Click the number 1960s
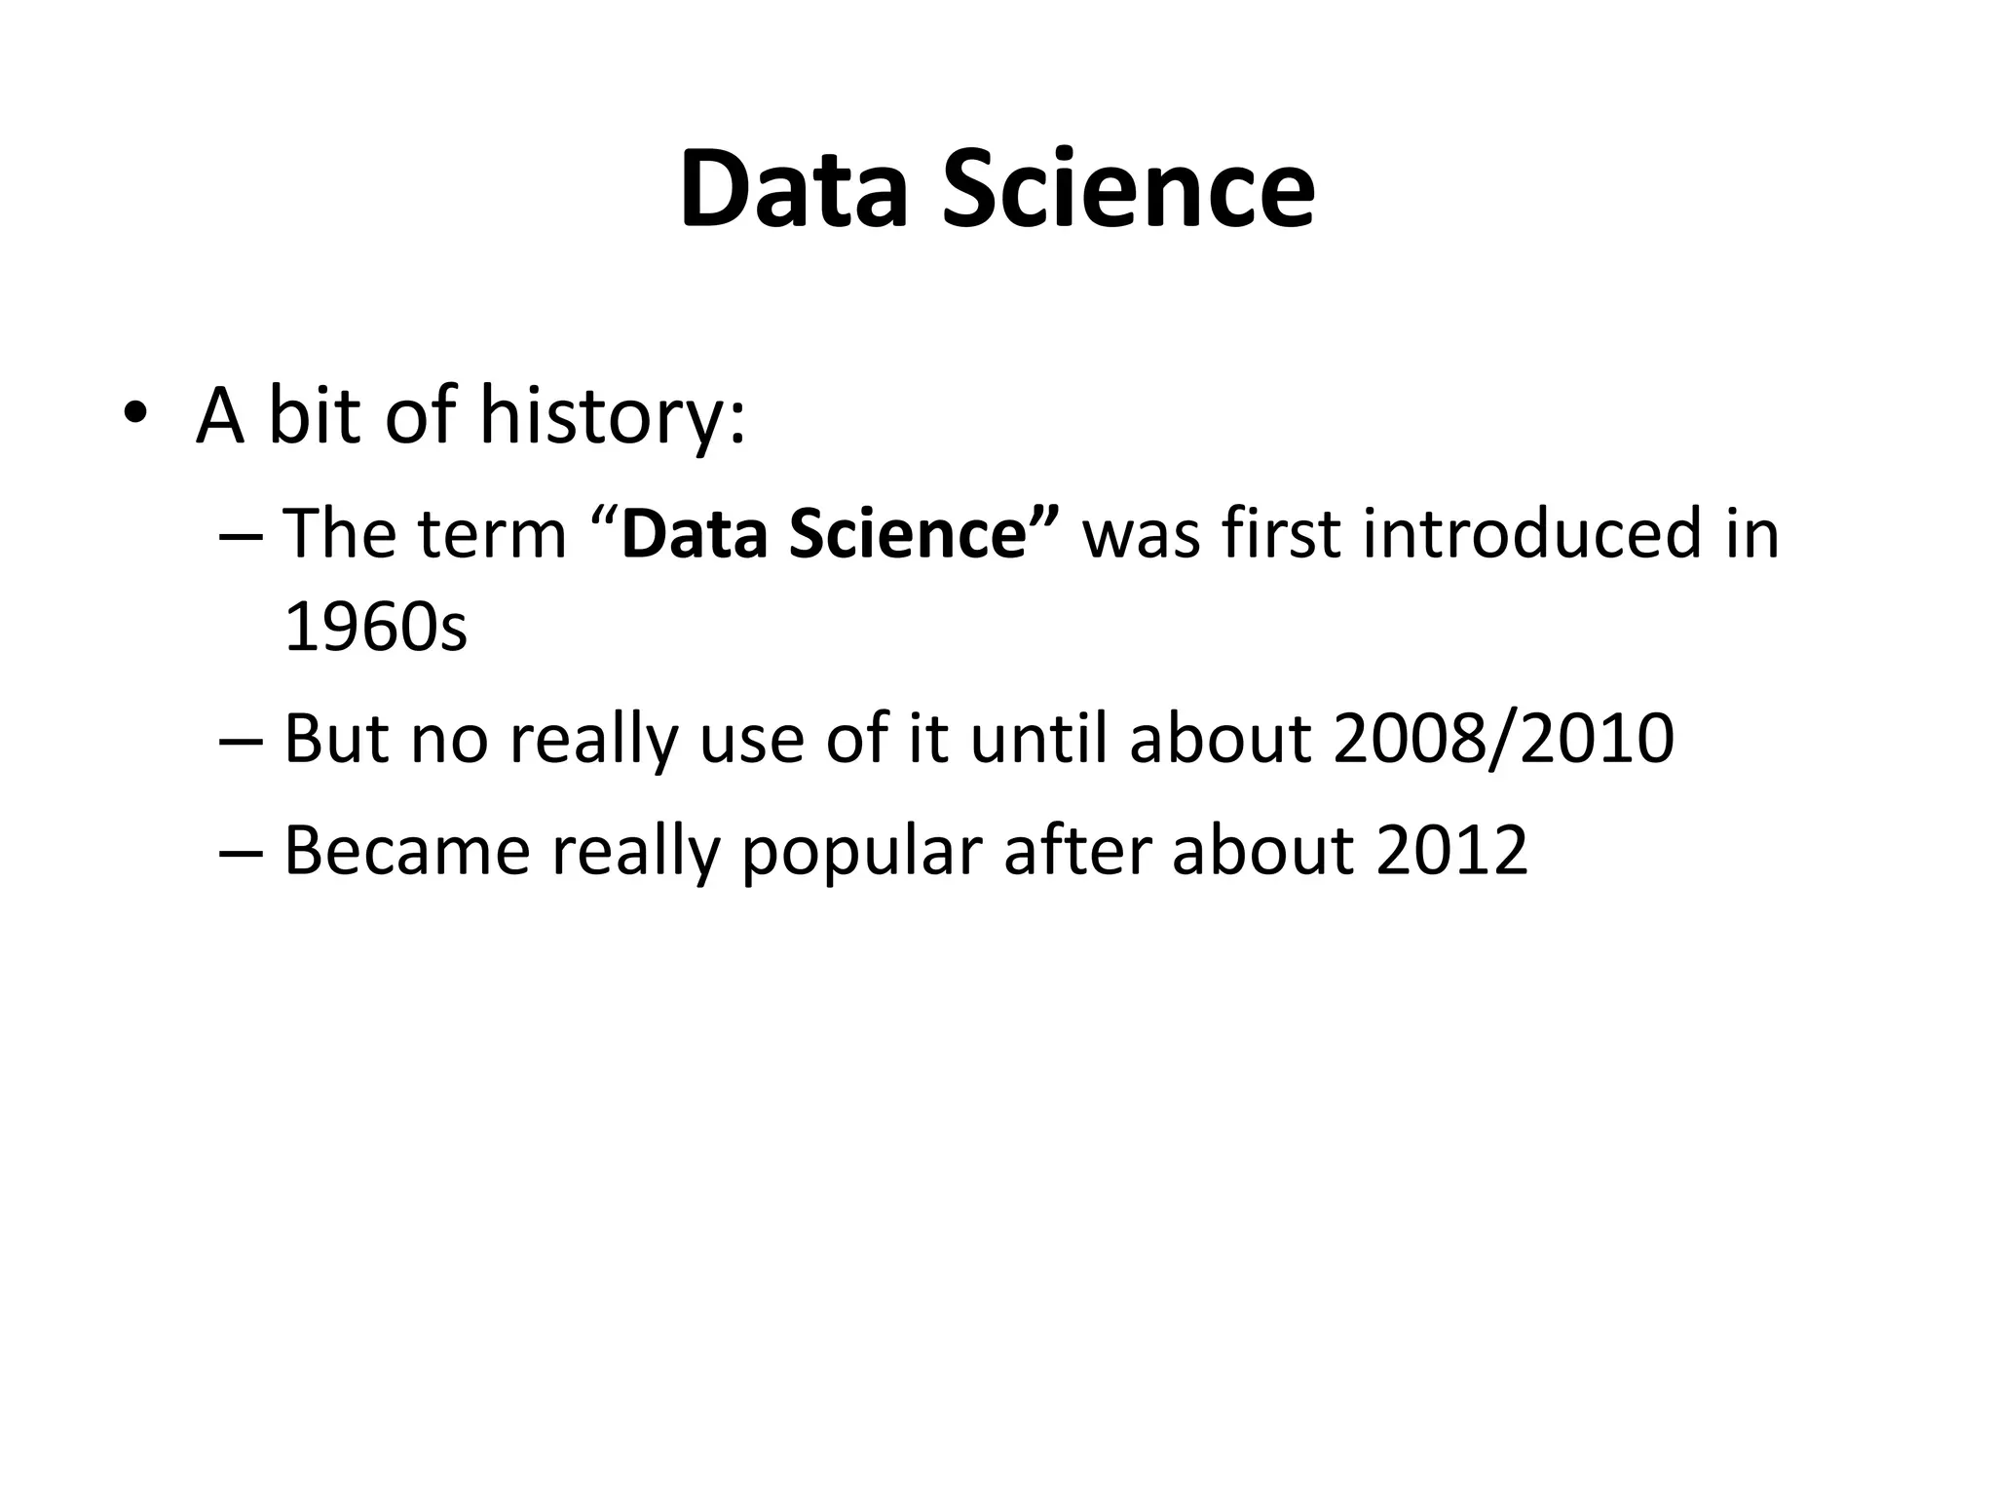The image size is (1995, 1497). (375, 627)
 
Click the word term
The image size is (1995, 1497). (491, 536)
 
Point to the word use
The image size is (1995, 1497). (751, 741)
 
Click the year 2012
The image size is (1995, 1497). (1451, 851)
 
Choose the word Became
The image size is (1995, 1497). (406, 851)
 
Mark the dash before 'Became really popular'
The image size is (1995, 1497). (241, 851)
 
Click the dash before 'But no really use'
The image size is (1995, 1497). (241, 740)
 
